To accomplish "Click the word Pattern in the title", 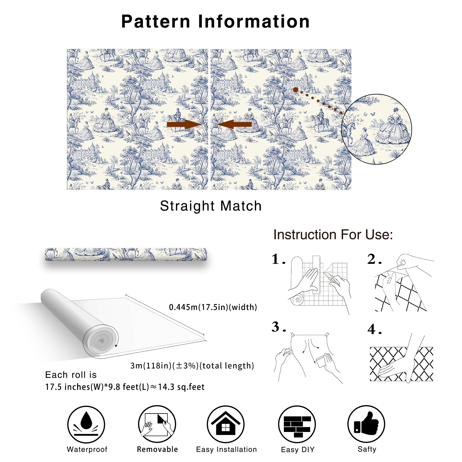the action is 156,21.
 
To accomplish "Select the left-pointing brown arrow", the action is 234,124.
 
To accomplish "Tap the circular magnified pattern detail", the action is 377,129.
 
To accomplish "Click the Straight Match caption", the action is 211,206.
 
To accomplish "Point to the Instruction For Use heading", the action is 333,234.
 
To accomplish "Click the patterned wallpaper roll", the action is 126,254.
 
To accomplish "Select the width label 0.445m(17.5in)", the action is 213,307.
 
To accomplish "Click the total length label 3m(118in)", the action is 192,366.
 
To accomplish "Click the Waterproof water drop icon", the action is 86,424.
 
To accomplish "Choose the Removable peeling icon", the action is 157,424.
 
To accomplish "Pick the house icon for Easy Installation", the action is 226,424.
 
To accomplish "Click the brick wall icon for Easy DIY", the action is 297,424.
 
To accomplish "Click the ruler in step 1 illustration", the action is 316,275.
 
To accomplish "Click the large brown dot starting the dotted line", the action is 296,90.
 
